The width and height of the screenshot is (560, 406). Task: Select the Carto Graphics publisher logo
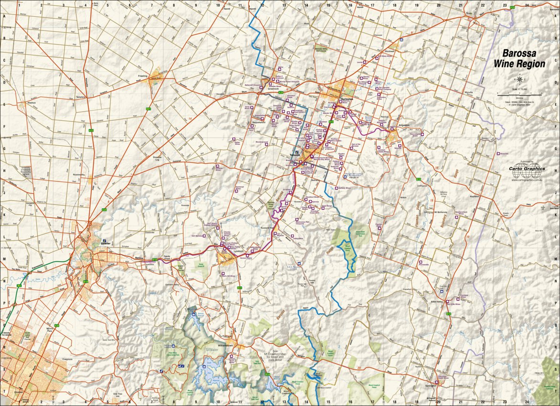[527, 168]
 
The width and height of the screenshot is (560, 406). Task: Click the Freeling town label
[142, 76]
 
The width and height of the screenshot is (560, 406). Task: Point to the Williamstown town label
[225, 345]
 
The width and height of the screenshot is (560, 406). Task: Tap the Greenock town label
[273, 89]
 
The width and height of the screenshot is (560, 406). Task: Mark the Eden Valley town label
[437, 302]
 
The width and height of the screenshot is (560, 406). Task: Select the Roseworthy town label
[79, 175]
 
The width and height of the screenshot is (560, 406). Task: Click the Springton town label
[432, 385]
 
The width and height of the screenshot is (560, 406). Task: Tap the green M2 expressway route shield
[19, 286]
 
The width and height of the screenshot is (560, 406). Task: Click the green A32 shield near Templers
[91, 130]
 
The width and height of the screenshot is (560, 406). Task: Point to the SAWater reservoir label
[211, 350]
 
